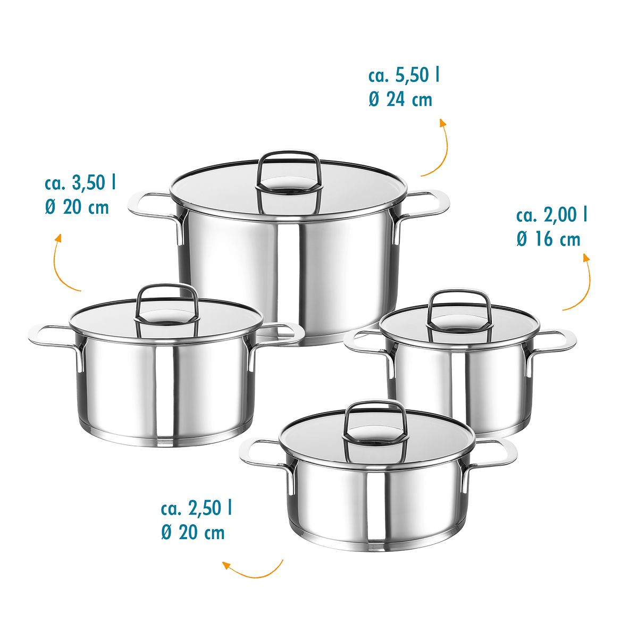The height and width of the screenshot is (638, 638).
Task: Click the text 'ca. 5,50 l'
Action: (404, 75)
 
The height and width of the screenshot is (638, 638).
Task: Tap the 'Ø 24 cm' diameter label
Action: (400, 99)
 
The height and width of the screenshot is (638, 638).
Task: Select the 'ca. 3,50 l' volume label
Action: (80, 182)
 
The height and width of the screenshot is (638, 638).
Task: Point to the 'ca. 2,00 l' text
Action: (551, 215)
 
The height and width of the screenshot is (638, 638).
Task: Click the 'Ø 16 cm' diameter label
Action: (548, 239)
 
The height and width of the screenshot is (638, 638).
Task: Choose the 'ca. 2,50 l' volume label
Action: (196, 508)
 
